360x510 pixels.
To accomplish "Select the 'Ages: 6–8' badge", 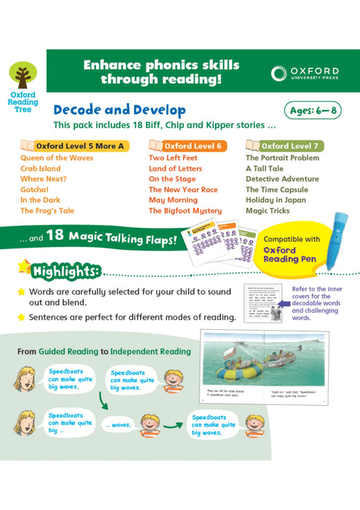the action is (313, 111).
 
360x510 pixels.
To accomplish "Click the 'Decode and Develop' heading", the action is (119, 110).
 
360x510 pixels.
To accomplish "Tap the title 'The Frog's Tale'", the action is (47, 211).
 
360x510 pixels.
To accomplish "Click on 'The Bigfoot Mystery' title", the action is (185, 211).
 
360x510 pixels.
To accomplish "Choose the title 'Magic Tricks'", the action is (267, 211).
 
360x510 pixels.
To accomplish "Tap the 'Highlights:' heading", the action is (66, 272).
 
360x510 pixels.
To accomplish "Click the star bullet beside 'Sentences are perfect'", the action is (22, 316).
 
